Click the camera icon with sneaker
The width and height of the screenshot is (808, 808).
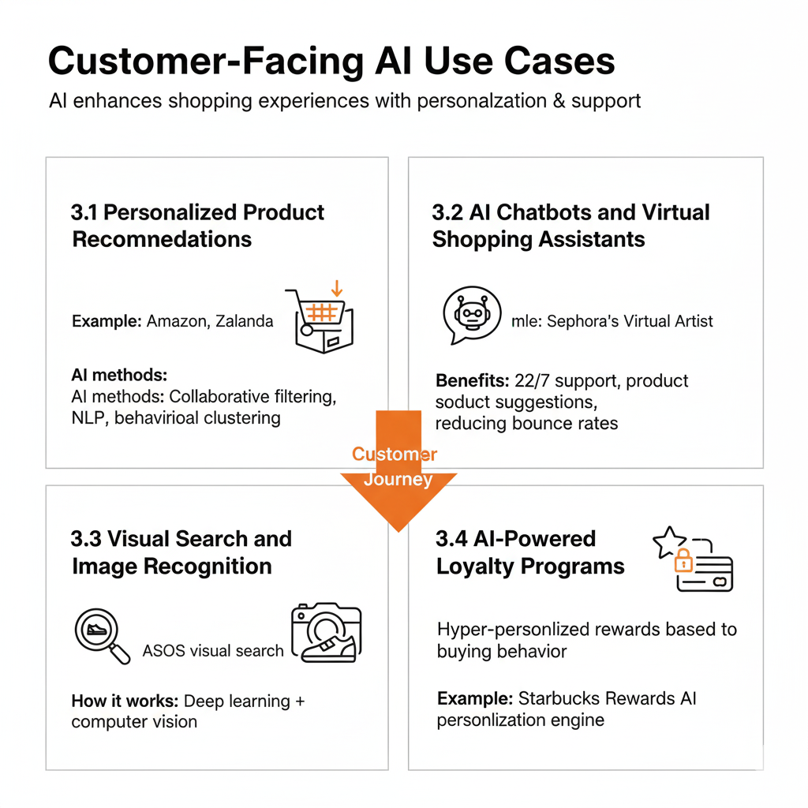point(326,632)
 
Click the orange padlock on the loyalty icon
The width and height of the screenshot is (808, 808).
point(683,561)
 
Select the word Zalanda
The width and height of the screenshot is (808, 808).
point(245,321)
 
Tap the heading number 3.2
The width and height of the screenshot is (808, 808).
point(447,212)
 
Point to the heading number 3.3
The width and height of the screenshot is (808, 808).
point(85,539)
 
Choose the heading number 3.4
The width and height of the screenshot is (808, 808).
point(451,539)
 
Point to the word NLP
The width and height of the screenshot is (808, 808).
point(87,417)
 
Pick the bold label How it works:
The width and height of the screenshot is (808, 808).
point(125,701)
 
